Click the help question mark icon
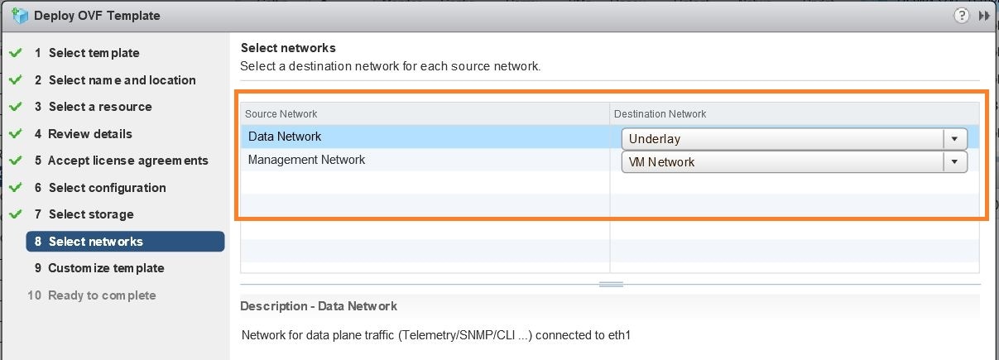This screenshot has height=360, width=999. pyautogui.click(x=961, y=16)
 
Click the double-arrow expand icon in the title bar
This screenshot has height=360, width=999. pyautogui.click(x=984, y=16)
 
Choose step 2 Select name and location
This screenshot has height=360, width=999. pyautogui.click(x=115, y=79)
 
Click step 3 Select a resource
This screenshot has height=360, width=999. pyautogui.click(x=94, y=107)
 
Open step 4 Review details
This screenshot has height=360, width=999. pyautogui.click(x=84, y=134)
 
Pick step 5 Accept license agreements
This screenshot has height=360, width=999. pyautogui.click(x=122, y=161)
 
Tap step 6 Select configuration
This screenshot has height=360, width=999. pyautogui.click(x=100, y=188)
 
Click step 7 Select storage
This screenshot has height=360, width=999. pyautogui.click(x=84, y=214)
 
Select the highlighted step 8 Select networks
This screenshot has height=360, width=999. pyautogui.click(x=125, y=242)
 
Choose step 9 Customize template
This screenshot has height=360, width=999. pyautogui.click(x=99, y=268)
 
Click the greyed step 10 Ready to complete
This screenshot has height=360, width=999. pyautogui.click(x=92, y=295)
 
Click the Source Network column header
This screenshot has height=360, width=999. pyautogui.click(x=281, y=113)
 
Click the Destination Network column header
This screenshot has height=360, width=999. pyautogui.click(x=660, y=113)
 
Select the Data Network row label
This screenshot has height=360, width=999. pyautogui.click(x=285, y=137)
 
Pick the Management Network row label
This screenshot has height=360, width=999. pyautogui.click(x=306, y=160)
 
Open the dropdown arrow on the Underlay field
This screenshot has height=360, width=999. pyautogui.click(x=954, y=139)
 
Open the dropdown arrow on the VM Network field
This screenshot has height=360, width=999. pyautogui.click(x=954, y=161)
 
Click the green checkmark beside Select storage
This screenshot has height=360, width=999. pyautogui.click(x=16, y=214)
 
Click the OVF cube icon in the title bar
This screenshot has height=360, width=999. pyautogui.click(x=20, y=16)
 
